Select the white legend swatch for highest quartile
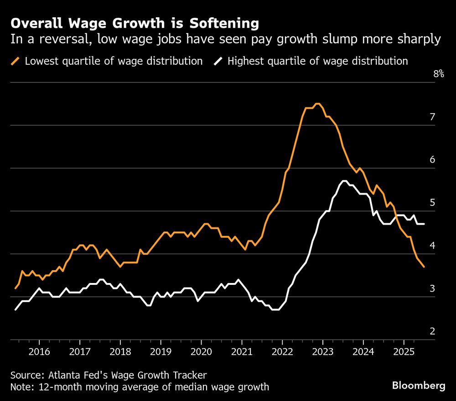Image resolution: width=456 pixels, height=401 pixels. coord(218,61)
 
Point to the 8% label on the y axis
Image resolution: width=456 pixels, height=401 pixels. coord(438,74)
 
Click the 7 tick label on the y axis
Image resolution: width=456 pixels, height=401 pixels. coord(432,117)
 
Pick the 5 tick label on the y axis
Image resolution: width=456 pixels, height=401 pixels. coord(432,203)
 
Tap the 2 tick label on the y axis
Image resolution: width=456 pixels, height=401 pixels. coord(432,332)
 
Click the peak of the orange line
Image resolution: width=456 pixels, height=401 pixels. coord(318,104)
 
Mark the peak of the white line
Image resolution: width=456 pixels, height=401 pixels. coord(344,181)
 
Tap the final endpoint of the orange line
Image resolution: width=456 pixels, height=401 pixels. coord(424,267)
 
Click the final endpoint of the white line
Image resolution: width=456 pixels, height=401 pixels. coord(425,224)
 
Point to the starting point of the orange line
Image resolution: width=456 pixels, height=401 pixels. coord(16,288)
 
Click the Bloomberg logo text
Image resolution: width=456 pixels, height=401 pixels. coord(419,386)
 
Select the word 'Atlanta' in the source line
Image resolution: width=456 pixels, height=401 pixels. coord(62,375)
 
